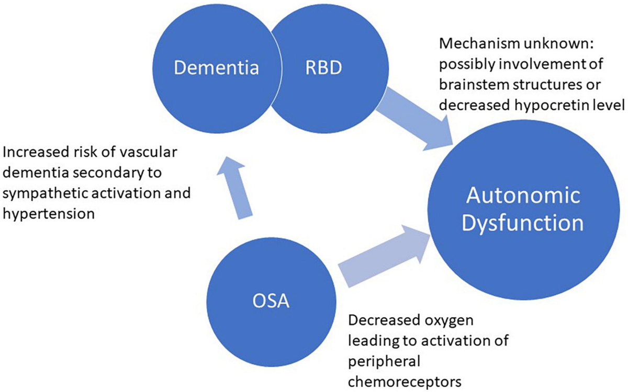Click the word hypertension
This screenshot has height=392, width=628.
[x=49, y=213]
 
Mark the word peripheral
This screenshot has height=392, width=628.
[x=378, y=361]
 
